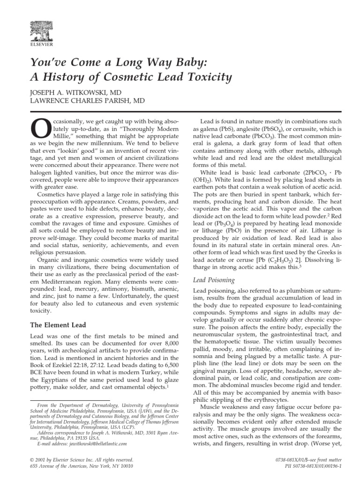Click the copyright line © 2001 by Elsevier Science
82,460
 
